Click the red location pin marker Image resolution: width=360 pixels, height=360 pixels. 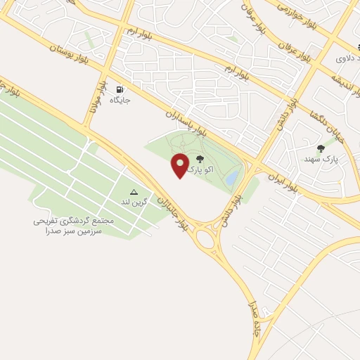click(181, 165)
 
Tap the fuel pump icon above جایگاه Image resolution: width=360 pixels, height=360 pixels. click(120, 90)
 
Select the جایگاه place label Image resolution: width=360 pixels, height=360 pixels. click(120, 101)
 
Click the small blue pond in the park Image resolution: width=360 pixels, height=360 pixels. click(231, 179)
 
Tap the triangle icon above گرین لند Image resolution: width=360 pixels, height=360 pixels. click(134, 191)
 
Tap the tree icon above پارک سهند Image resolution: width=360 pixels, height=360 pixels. click(321, 148)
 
